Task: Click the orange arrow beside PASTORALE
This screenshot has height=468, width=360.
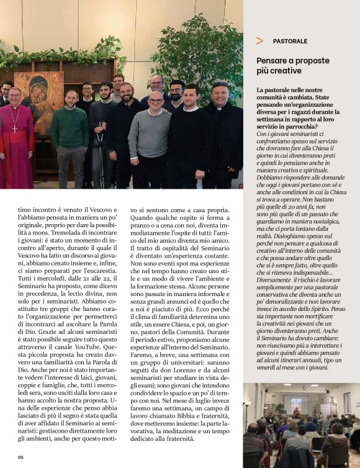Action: [259, 41]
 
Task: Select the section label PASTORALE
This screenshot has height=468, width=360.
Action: [290, 42]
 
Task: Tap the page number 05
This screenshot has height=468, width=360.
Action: [20, 457]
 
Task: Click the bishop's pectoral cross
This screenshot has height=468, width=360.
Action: [14, 128]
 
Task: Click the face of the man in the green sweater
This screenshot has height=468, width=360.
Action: [72, 97]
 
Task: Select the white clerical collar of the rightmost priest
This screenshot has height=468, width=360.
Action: [220, 109]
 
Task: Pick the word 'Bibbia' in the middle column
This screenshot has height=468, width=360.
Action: [187, 422]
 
